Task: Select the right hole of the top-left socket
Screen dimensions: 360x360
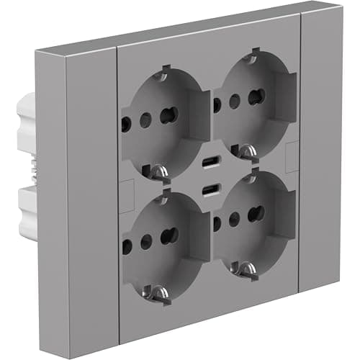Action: click(x=169, y=114)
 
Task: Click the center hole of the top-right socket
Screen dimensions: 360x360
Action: click(x=234, y=101)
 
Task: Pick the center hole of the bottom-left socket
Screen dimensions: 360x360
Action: click(x=147, y=239)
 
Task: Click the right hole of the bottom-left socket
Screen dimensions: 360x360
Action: click(x=169, y=235)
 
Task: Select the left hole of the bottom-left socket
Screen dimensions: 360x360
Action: click(x=126, y=245)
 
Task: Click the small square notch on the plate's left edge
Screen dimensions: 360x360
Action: click(x=125, y=192)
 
